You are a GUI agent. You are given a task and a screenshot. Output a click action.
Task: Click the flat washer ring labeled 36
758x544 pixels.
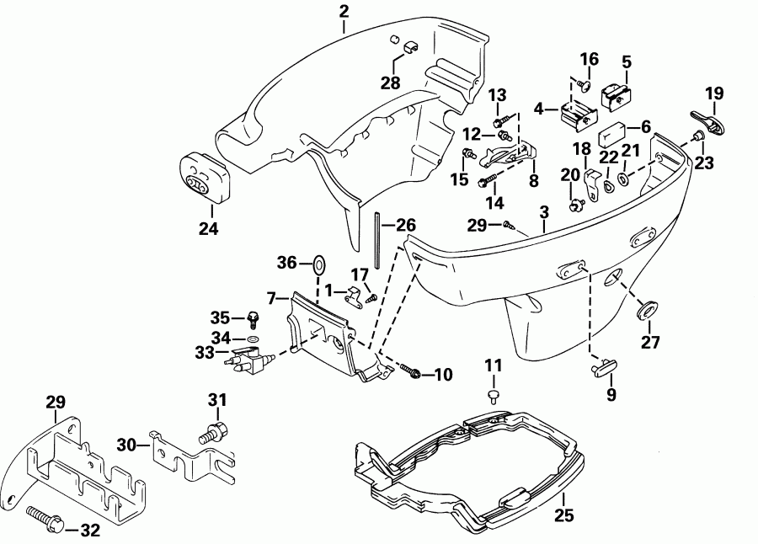320,264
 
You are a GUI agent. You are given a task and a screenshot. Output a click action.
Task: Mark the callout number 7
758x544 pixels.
272,297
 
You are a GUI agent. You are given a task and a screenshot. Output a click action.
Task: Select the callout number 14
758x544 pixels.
493,202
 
